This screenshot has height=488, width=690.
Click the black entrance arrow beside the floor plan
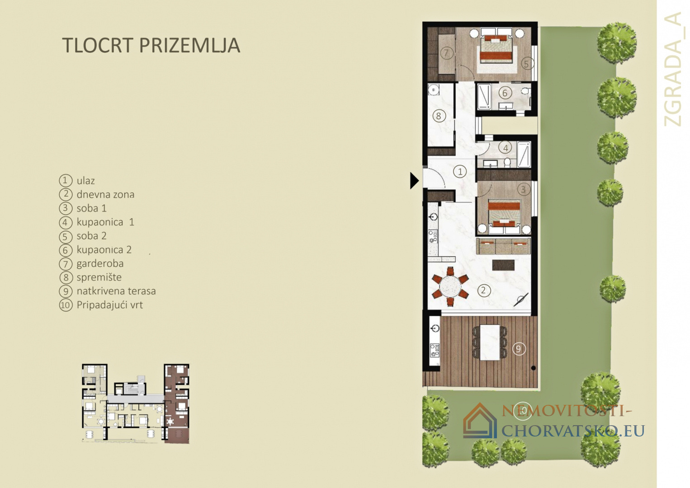click(x=414, y=180)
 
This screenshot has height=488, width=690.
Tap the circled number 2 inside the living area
click(x=483, y=291)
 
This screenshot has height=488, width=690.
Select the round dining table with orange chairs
click(x=450, y=287)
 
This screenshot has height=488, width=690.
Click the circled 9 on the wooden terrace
click(x=519, y=349)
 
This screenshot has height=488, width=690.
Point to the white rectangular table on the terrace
click(x=490, y=342)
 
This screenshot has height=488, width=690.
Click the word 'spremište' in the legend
click(x=99, y=277)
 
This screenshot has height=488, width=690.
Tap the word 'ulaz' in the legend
click(x=85, y=181)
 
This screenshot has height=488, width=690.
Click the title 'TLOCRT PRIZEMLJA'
click(x=151, y=45)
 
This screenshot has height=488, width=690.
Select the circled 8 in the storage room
click(x=439, y=116)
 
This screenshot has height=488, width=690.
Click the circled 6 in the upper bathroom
click(x=505, y=93)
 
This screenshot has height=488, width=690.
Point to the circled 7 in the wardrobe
click(x=446, y=53)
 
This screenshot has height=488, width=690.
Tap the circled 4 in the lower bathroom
click(x=506, y=148)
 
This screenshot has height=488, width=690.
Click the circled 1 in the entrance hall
click(x=460, y=172)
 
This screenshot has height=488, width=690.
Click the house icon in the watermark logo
click(x=480, y=421)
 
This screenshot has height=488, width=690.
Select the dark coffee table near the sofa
click(x=503, y=265)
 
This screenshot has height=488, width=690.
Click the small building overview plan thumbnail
click(x=136, y=404)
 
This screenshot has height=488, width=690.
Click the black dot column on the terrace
click(x=533, y=368)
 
